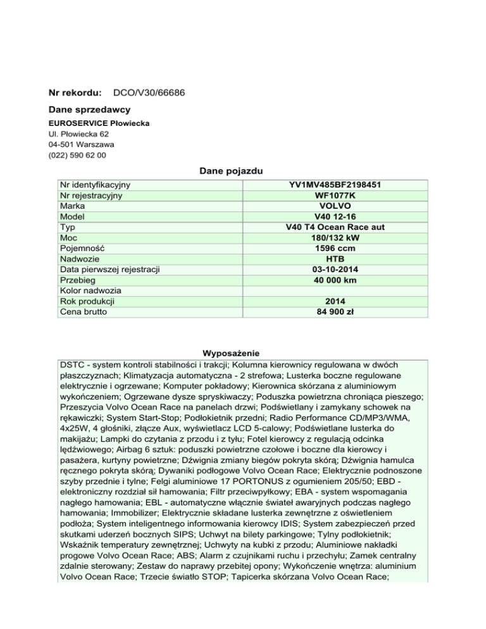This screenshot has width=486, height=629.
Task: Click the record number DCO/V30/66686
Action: tap(144, 93)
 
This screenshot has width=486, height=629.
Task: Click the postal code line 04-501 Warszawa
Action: tap(79, 144)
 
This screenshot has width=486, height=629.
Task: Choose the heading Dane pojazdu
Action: tap(232, 171)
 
